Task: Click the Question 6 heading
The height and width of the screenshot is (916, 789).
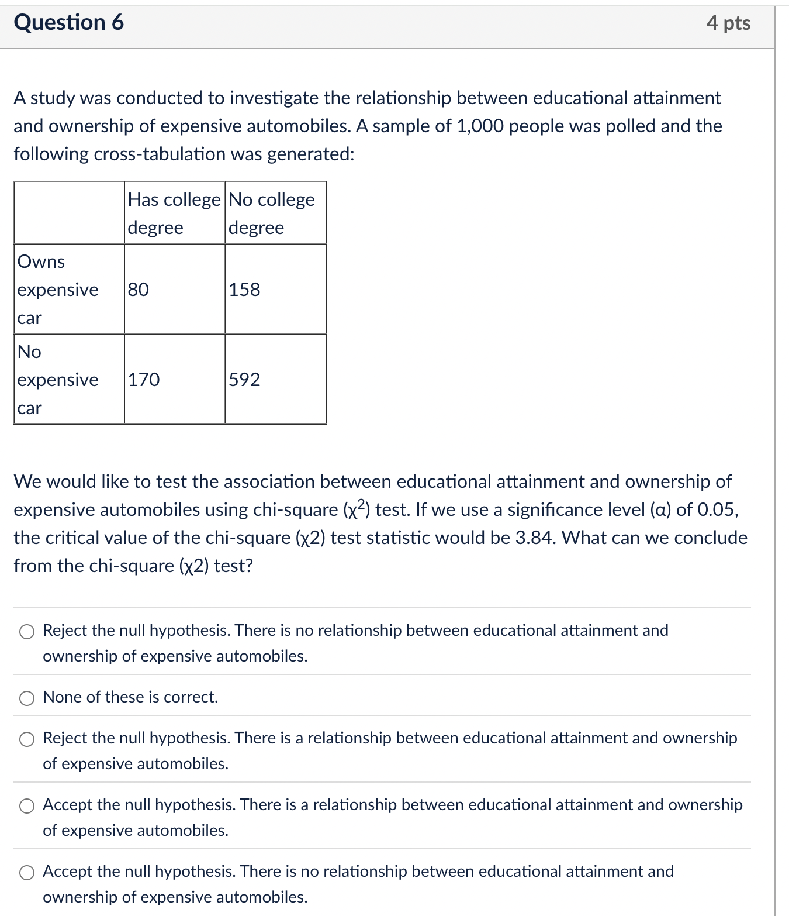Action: (69, 22)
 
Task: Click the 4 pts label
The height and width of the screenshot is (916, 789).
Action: (728, 23)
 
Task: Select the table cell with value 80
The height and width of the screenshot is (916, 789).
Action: (139, 290)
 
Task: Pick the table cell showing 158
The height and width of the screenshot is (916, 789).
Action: (244, 290)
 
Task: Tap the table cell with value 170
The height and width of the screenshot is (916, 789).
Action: (144, 380)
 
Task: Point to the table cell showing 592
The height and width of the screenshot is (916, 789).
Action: (244, 380)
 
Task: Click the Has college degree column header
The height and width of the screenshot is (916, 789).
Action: (174, 213)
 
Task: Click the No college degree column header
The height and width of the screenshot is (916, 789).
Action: (272, 213)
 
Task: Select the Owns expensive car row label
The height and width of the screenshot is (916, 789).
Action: (58, 290)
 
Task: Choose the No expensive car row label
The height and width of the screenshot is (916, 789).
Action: (58, 380)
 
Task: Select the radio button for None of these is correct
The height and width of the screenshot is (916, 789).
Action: (27, 698)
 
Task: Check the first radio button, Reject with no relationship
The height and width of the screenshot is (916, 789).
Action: (27, 631)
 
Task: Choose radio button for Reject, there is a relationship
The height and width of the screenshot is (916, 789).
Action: (27, 739)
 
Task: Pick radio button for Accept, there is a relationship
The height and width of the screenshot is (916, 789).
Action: (27, 805)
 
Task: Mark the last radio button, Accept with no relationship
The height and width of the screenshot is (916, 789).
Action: (27, 872)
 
